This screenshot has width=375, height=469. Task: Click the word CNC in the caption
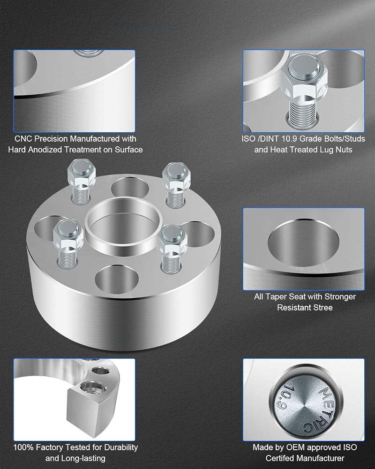(x=23, y=139)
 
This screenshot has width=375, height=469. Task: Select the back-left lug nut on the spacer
(x=82, y=173)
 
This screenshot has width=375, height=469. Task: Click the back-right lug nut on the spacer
(x=176, y=176)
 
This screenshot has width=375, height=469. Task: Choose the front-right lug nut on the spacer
(x=172, y=239)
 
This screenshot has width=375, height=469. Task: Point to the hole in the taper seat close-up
(x=304, y=243)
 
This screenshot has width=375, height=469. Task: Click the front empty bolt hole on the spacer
(x=117, y=280)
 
